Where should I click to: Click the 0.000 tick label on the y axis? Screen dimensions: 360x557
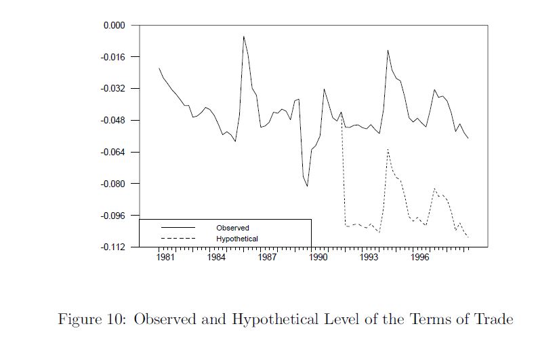115,25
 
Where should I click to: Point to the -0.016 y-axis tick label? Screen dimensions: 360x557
113,57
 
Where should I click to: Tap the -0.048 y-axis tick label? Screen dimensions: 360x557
113,121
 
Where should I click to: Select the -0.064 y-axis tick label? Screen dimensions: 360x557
113,152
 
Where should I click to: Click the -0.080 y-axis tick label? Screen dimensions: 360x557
113,184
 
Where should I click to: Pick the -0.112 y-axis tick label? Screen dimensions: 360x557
113,247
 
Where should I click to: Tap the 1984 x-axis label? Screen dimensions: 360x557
215,258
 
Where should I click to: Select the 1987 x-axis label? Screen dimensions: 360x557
267,258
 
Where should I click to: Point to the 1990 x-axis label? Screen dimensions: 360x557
318,258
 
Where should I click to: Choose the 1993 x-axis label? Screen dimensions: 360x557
369,258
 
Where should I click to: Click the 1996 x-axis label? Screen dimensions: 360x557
421,258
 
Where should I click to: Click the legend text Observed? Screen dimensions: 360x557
232,228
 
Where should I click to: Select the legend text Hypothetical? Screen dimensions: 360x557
237,239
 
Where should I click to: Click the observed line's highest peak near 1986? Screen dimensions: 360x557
244,37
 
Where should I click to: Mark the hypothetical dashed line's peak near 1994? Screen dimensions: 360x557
387,149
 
